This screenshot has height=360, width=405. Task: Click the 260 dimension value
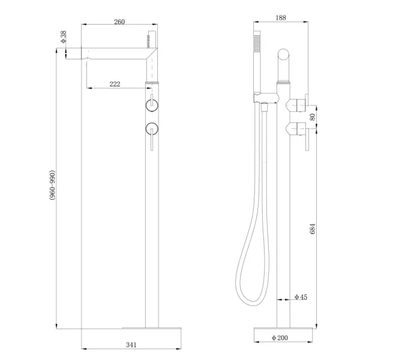coord(119,22)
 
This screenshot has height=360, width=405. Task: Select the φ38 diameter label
coord(64,37)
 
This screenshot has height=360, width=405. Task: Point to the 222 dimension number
coord(115,84)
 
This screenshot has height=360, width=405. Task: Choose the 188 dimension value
coord(281,18)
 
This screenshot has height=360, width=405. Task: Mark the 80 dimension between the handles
coord(312,116)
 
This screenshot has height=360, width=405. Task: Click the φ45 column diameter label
coord(301,297)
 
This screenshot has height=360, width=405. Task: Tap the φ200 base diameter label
coord(280,338)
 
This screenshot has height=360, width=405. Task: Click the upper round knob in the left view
coord(152,106)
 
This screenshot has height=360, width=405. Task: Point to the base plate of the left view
coord(151,328)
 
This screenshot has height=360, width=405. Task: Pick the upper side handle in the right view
coord(298,105)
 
